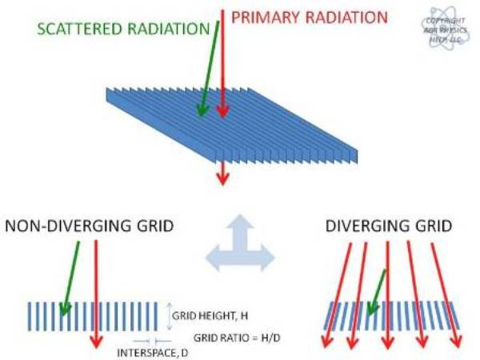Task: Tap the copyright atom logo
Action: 447,30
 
